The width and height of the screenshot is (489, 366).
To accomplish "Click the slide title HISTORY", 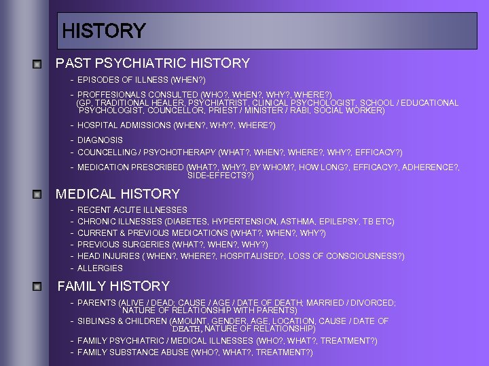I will point(103,31).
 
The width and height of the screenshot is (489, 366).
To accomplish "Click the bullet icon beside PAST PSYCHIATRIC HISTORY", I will point(39,64).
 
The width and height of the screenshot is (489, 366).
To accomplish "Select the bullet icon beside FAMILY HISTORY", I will point(39,287).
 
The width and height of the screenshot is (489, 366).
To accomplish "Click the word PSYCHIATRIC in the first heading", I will point(133,64).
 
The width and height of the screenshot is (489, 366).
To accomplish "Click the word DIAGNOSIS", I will point(100,140).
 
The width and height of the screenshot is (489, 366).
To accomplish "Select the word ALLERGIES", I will point(100,268).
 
